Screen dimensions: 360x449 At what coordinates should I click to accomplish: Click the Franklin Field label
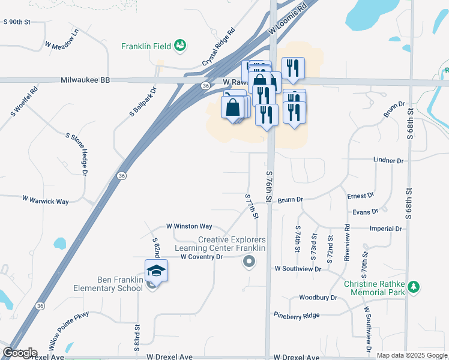coord(146,46)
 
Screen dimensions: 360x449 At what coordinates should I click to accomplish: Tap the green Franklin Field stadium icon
coord(179,45)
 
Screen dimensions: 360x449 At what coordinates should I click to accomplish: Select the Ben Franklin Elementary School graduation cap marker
coord(156,271)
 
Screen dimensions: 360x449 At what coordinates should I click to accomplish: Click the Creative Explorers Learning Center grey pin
coord(249,261)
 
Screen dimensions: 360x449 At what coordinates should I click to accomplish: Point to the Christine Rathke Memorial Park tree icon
coord(413,287)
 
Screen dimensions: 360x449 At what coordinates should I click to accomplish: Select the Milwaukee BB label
coord(85,80)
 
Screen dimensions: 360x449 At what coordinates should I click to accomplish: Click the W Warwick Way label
coord(45,200)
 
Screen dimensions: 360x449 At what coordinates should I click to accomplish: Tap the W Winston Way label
coord(189,226)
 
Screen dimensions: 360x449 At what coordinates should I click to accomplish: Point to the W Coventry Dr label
coord(202,257)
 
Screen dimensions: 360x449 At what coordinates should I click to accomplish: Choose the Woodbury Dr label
coord(318,297)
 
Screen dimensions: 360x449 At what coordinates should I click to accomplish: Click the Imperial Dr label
coord(385,229)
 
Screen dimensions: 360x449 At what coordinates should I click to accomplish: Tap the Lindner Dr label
coord(388,161)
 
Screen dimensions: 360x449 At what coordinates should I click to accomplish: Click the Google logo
coord(20,352)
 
